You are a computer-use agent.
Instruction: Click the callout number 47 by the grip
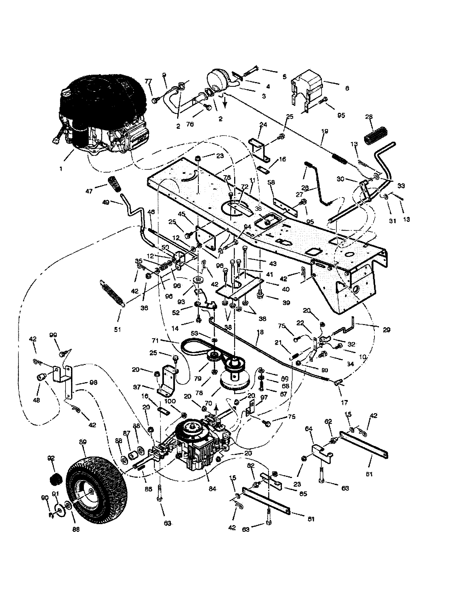click(x=89, y=191)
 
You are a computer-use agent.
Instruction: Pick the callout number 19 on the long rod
click(x=325, y=131)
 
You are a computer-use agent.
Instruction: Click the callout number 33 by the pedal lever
click(x=401, y=186)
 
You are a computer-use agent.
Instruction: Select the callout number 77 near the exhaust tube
click(x=148, y=81)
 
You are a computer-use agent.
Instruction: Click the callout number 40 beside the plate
click(x=285, y=289)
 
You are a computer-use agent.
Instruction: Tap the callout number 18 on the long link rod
click(x=260, y=332)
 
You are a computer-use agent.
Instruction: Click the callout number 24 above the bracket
click(x=263, y=125)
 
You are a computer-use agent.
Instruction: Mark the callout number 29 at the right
click(x=387, y=330)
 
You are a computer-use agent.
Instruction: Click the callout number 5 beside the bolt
click(x=285, y=77)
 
